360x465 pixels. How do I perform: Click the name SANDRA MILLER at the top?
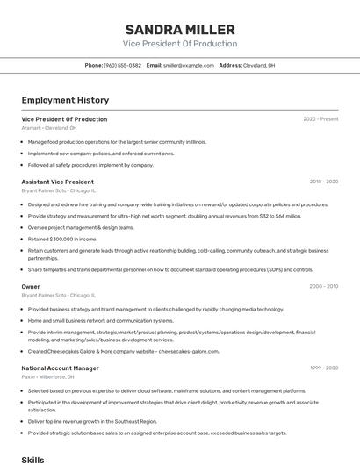coord(180,29)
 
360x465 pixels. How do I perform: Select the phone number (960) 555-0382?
coord(122,65)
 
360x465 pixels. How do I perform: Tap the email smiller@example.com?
coord(189,65)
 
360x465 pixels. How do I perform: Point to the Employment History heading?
coord(65,100)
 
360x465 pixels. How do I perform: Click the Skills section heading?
coord(32,459)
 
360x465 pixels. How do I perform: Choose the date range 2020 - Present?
coord(320,119)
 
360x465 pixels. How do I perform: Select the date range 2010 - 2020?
coord(323,182)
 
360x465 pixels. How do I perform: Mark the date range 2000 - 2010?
coord(323,286)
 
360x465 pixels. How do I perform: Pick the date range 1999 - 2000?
coord(323,368)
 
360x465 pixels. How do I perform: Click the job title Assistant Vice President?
coord(57,182)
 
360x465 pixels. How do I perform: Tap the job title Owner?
coord(31,286)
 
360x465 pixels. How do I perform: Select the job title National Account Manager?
coord(60,368)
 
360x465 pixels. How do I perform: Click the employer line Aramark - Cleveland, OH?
coord(48,128)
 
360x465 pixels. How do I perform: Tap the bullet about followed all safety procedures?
coord(90,165)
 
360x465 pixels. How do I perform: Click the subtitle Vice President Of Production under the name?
coord(180,44)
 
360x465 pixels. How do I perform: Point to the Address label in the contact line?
coord(230,65)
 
